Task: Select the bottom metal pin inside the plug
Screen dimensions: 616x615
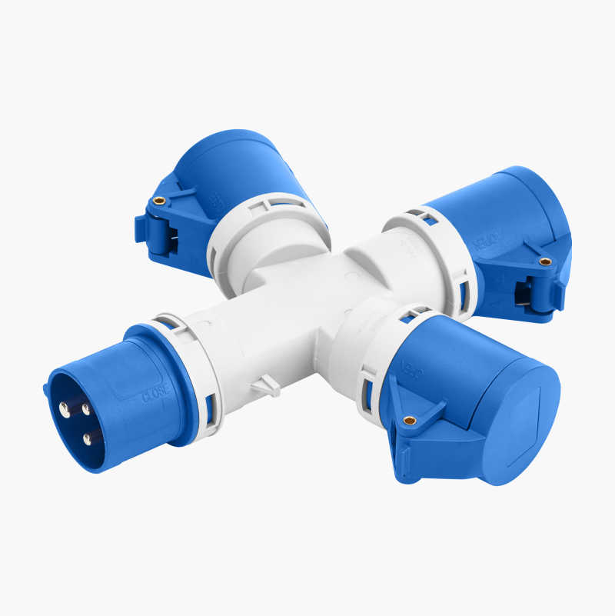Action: (x=88, y=439)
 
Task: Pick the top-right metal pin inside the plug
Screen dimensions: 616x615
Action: (x=85, y=408)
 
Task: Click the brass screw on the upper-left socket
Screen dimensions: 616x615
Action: (x=159, y=201)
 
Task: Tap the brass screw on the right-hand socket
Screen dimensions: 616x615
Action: (x=545, y=261)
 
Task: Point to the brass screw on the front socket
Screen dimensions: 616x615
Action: (x=410, y=420)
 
